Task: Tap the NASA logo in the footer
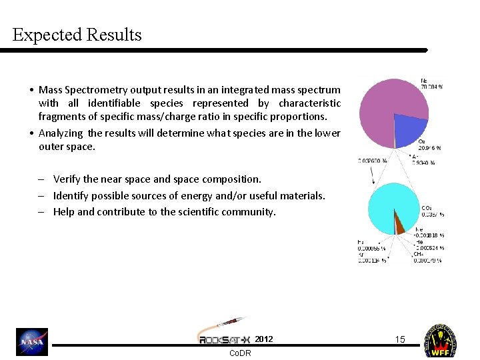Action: (x=32, y=342)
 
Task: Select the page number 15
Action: (x=399, y=339)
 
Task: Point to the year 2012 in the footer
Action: (x=264, y=339)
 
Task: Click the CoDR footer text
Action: (x=240, y=353)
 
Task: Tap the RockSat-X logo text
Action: (x=224, y=339)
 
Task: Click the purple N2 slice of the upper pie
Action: (x=385, y=107)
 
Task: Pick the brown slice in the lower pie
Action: (x=400, y=224)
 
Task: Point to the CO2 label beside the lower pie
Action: (x=427, y=208)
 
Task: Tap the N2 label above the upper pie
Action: (x=425, y=79)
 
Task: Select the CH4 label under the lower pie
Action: (x=419, y=253)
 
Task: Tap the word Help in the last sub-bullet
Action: (x=64, y=212)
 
